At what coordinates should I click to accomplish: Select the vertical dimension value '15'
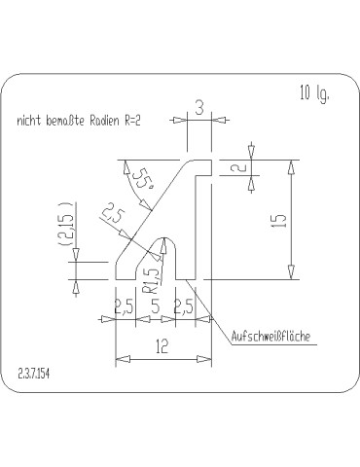click(278, 222)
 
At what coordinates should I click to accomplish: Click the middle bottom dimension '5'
click(156, 306)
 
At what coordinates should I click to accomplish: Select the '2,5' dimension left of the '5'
click(125, 306)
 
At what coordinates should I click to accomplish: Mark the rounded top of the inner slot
click(167, 239)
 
